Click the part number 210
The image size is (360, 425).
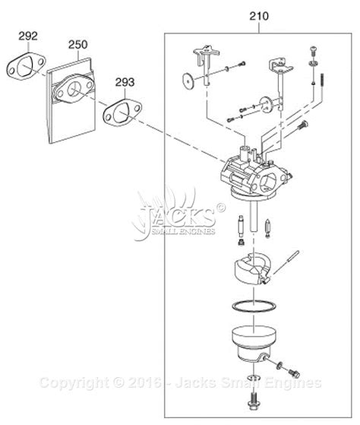tap(259, 16)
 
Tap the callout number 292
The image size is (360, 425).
tap(28, 36)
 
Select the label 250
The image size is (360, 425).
tap(77, 45)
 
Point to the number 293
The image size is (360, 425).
tap(125, 82)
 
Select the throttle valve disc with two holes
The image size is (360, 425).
tap(266, 105)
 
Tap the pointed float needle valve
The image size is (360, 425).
tap(267, 228)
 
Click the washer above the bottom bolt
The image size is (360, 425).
tap(253, 378)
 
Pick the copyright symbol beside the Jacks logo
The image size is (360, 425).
tap(220, 208)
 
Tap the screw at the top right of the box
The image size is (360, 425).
tap(313, 51)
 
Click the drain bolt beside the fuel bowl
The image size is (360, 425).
tap(293, 373)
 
